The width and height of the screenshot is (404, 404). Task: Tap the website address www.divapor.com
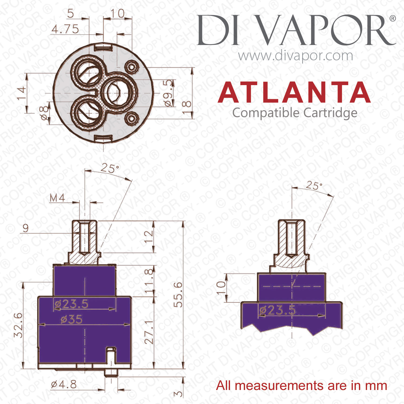click(295, 56)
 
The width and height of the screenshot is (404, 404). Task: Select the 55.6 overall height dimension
click(178, 295)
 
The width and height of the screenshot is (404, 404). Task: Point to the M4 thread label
click(57, 198)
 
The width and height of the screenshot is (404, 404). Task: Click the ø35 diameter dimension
click(72, 320)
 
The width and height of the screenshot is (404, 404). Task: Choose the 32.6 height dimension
click(19, 325)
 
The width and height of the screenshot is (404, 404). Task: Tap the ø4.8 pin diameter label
click(64, 384)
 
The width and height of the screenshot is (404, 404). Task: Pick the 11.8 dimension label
click(149, 281)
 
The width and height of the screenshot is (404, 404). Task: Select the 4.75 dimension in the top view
click(65, 29)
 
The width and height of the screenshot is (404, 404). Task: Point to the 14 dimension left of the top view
click(22, 93)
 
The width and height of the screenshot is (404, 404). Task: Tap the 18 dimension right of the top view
click(186, 107)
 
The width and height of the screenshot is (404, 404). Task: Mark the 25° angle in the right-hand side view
click(314, 185)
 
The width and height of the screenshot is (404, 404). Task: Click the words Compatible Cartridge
click(295, 113)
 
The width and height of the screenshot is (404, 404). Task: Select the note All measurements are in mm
click(302, 385)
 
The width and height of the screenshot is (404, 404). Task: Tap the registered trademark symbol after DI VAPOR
click(393, 18)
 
